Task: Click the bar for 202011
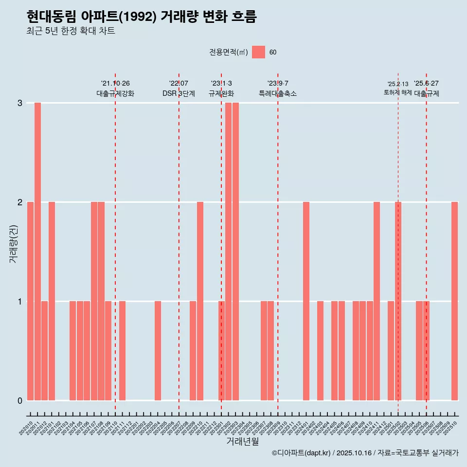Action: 37,251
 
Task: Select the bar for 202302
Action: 228,251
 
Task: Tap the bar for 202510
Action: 454,301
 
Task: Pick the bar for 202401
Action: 306,301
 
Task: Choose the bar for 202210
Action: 200,301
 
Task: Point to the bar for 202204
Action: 158,351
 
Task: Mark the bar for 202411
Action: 377,301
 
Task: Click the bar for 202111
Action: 122,351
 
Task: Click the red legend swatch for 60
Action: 258,52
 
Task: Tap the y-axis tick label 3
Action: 20,103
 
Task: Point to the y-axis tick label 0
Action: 20,400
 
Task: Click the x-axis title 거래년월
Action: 242,441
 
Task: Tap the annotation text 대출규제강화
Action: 115,93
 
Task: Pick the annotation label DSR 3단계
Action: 179,93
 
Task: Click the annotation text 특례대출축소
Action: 278,93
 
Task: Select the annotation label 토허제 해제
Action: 398,92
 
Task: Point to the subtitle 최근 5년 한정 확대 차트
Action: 71,31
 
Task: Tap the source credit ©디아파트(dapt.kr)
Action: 302,453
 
